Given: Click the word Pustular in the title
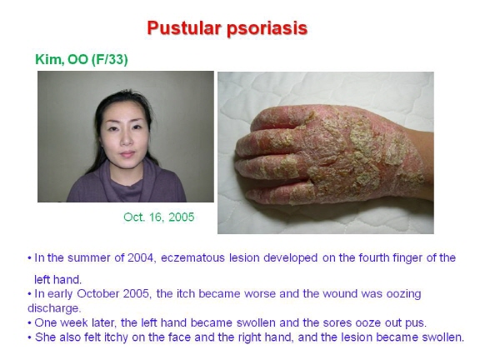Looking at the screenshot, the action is point(184,28).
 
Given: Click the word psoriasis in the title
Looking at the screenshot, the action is point(267,29).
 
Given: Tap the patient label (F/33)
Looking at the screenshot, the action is point(109,59).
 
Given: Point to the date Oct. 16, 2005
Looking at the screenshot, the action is point(159,217).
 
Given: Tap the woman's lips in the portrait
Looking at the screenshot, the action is point(127,153).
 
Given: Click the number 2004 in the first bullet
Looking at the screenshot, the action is point(141,257).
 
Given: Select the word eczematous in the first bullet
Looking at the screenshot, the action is point(192,257).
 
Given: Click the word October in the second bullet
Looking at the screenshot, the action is point(98,293).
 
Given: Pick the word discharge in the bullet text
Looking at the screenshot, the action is point(53,308).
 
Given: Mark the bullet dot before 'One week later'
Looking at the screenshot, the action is point(30,323).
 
